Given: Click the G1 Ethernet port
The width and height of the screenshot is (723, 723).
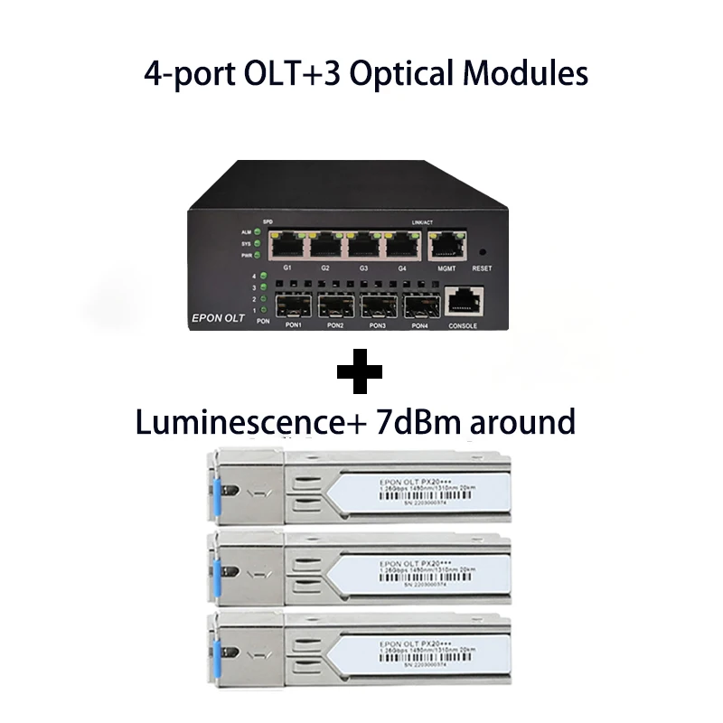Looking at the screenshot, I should coord(289,247).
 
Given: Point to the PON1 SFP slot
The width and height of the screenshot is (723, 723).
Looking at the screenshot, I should coord(293,305).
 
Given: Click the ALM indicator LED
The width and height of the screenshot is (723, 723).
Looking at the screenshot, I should coord(258,232).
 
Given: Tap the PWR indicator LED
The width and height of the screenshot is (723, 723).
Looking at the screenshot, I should coord(258,256).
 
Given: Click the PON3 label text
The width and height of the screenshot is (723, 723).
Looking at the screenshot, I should coord(376,325).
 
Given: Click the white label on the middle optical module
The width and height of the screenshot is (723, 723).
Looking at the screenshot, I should coord(411,574).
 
